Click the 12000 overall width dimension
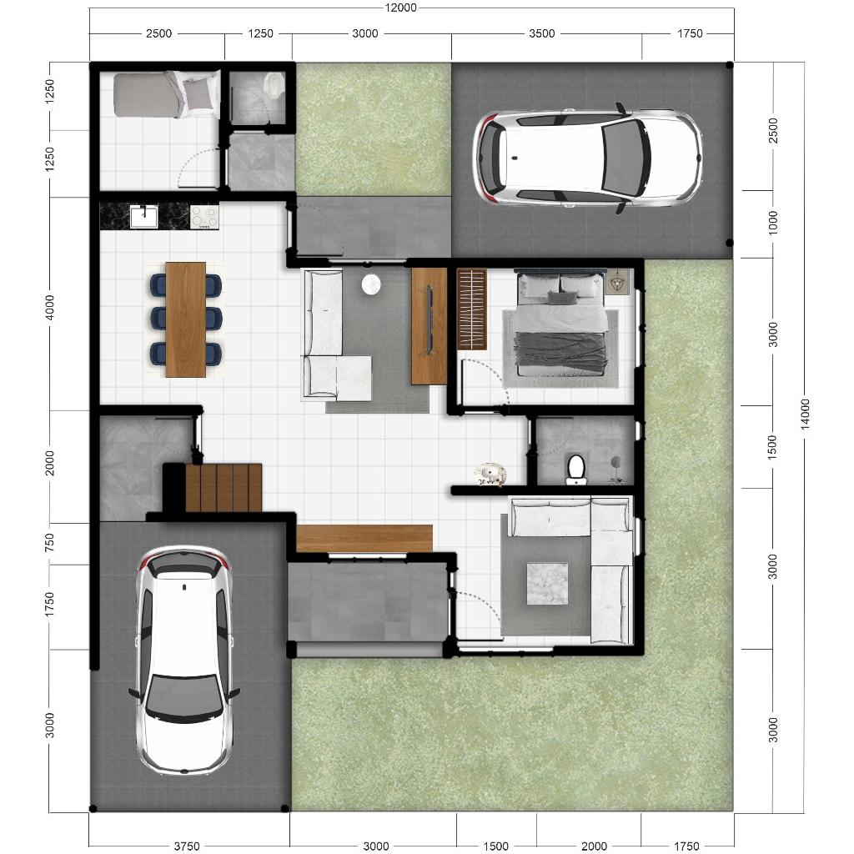coord(400,8)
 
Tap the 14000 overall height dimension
coord(806,414)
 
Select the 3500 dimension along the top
coord(542,33)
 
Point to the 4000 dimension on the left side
coord(49,307)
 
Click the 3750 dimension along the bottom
coord(186,846)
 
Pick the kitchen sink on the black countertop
coord(143,217)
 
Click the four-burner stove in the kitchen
coord(204,216)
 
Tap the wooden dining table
coord(186,319)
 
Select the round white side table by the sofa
coord(371,284)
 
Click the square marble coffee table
coord(547,583)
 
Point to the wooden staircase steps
coord(224,487)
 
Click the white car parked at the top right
coord(588,158)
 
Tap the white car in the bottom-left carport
coord(184,661)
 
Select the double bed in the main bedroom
coord(561,324)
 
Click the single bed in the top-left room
coord(163,94)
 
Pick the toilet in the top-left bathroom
coord(273,86)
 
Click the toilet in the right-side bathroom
coord(575,470)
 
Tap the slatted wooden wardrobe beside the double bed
coord(472,309)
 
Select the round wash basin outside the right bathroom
coord(490,474)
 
